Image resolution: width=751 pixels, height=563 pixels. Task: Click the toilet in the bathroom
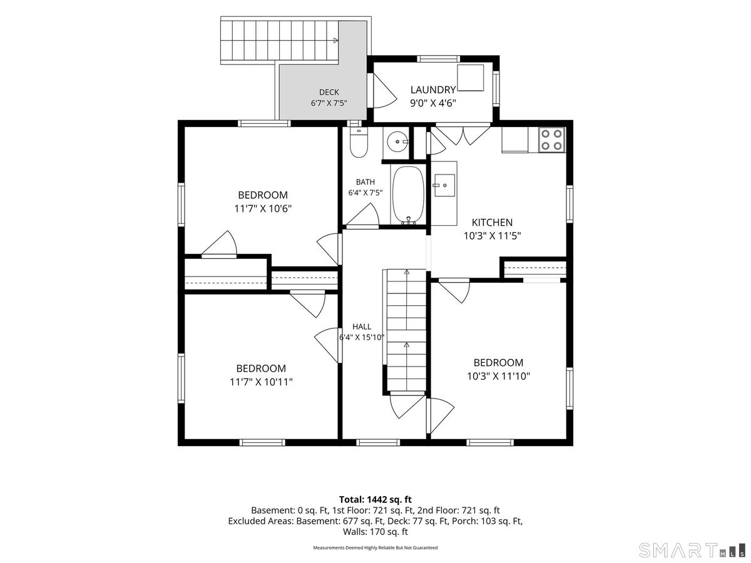coord(359,143)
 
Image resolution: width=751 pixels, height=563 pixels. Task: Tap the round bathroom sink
coord(396,141)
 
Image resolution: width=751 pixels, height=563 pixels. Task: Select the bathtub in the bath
coord(408,196)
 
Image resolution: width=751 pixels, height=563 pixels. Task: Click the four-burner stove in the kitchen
coord(551,139)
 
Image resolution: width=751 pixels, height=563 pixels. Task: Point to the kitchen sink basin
coord(444,185)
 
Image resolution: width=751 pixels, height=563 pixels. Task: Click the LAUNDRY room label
coord(433,90)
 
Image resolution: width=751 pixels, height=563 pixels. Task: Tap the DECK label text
coord(329,93)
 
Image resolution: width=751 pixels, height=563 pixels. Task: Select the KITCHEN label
coord(492,223)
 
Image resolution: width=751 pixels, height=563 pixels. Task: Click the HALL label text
coord(362,327)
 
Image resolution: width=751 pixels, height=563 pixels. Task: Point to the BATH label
coord(365,182)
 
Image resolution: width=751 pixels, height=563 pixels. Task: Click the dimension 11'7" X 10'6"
coord(263,208)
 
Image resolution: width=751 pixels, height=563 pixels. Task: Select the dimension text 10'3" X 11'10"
coord(499,376)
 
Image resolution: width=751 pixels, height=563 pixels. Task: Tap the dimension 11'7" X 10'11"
coord(261,382)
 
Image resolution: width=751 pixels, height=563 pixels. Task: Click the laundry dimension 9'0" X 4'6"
coord(433,103)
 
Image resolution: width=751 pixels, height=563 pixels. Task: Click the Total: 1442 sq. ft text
coord(375,499)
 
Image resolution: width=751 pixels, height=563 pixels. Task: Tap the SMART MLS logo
coord(692,550)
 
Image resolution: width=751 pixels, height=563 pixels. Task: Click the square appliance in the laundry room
coord(471,78)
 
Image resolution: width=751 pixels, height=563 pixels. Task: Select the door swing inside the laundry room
coord(384,91)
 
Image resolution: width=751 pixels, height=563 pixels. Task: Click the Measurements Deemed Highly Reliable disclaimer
coord(375,547)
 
